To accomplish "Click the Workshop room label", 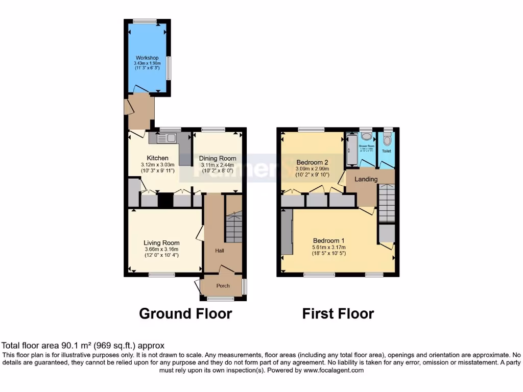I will point(147,58).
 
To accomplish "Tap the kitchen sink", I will point(167,137).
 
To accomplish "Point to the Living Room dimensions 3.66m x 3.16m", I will point(161,249).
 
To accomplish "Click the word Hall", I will point(219,251).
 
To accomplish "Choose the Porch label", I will point(223,286).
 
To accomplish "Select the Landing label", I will point(366,179).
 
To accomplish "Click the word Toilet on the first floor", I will point(387,151).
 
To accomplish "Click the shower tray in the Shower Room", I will point(351,150).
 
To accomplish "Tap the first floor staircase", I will point(387,203).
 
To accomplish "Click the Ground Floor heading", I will point(185,313).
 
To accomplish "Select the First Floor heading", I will point(338,313).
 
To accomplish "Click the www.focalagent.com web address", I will point(332,371).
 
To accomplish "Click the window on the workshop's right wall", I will point(170,68).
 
